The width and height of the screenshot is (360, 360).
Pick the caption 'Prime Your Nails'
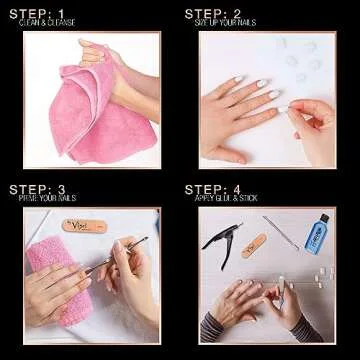(47, 199)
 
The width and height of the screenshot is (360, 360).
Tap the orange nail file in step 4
(254, 246)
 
